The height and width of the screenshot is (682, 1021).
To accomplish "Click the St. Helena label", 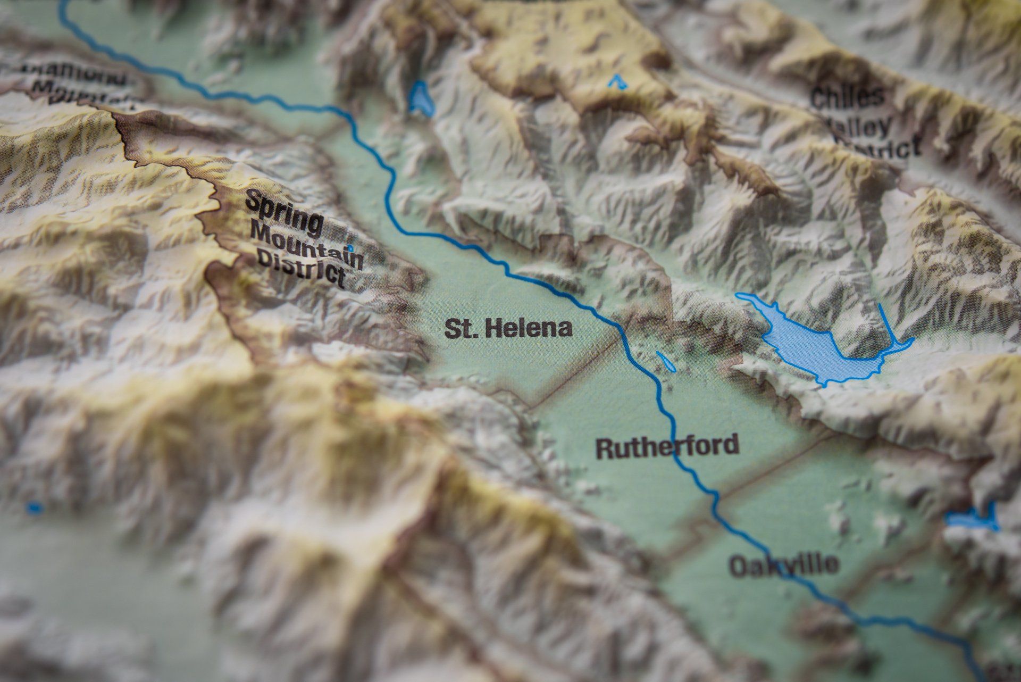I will pyautogui.click(x=508, y=328).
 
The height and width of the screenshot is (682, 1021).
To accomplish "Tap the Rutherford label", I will pyautogui.click(x=667, y=446).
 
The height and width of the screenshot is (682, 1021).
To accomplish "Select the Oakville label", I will pyautogui.click(x=784, y=564).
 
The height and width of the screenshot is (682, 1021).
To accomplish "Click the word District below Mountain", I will pyautogui.click(x=300, y=271).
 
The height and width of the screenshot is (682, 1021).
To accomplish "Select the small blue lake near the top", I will pyautogui.click(x=421, y=98).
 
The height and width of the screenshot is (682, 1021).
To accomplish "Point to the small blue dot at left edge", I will pyautogui.click(x=35, y=508).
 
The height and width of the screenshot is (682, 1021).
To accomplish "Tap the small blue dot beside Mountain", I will pyautogui.click(x=350, y=248).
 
